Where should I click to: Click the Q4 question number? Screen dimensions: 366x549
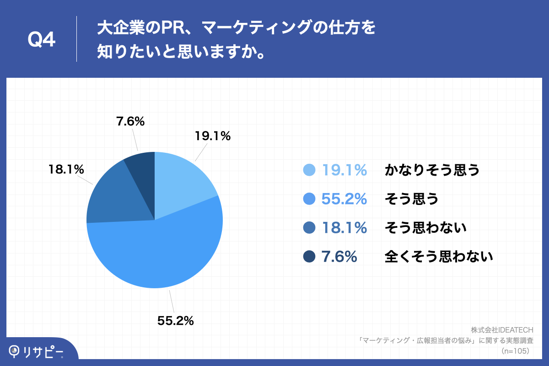pos(42,40)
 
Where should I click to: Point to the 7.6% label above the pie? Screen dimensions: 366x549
pos(130,122)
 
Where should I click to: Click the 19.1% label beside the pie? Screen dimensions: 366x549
pos(212,136)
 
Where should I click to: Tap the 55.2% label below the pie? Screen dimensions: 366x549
pos(176,321)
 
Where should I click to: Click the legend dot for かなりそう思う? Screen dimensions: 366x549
pos(310,170)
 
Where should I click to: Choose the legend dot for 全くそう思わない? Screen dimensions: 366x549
pos(310,257)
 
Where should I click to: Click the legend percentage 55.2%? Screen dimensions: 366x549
pos(344,199)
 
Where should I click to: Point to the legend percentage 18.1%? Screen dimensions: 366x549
pos(344,228)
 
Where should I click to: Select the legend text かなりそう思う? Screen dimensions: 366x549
pos(432,170)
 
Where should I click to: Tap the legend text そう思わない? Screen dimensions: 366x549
pos(425,228)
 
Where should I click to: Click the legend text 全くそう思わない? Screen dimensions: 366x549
pos(439,257)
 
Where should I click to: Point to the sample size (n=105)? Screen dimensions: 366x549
pos(516,351)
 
